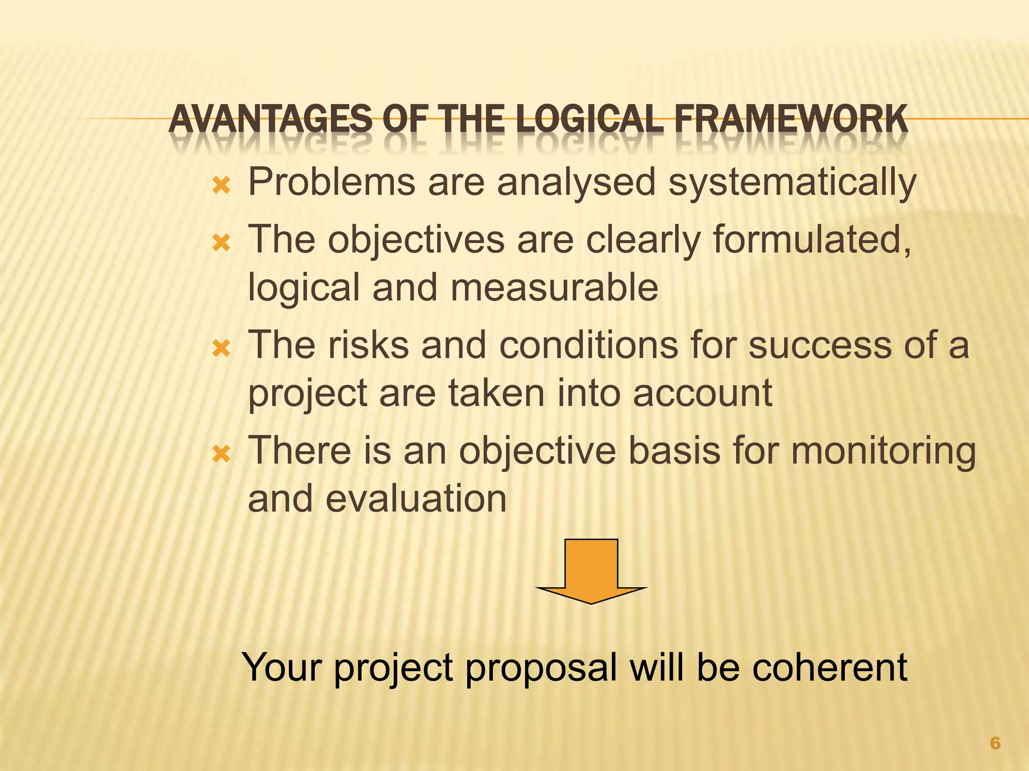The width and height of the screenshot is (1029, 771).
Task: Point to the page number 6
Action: click(x=995, y=743)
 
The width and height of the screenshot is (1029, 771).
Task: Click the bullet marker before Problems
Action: click(x=221, y=187)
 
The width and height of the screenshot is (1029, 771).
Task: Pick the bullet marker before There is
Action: click(x=221, y=455)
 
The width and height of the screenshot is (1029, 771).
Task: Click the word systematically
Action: click(x=792, y=183)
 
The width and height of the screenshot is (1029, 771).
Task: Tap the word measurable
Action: click(x=554, y=288)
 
